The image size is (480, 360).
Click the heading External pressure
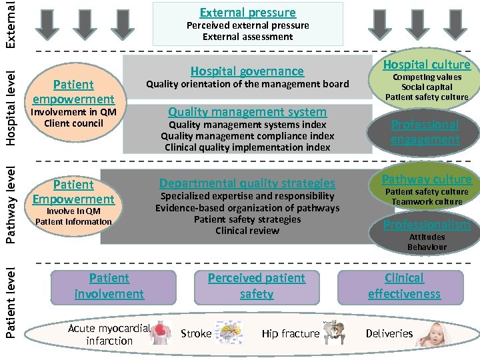[247, 12]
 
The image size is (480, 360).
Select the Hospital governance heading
[247, 71]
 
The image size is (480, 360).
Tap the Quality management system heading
[247, 111]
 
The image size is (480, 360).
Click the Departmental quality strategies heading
[247, 183]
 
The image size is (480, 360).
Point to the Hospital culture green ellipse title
[426, 64]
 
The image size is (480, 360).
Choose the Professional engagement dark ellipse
[425, 132]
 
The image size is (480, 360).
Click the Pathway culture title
[426, 179]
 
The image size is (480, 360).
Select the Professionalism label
[427, 224]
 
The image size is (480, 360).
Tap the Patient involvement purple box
[109, 286]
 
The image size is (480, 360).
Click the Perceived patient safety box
[256, 286]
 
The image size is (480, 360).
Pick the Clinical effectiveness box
[404, 286]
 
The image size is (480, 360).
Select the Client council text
[73, 123]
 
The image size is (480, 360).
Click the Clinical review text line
[247, 231]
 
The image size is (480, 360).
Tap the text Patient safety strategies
[247, 219]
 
